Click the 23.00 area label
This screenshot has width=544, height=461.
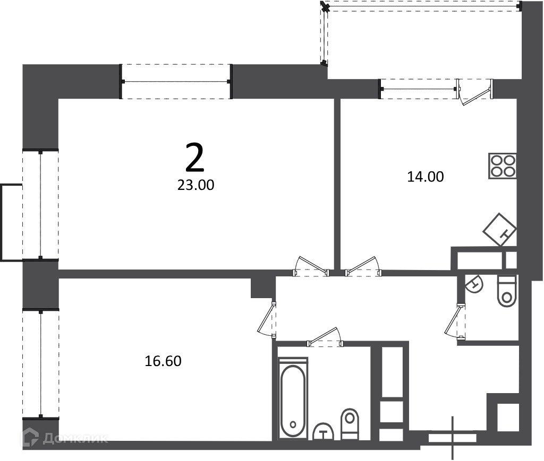click(x=195, y=185)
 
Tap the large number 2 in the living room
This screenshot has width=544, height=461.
click(x=194, y=158)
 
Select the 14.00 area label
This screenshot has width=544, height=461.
click(x=425, y=177)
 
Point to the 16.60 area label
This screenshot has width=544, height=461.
click(x=163, y=362)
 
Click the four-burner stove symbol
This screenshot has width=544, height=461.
click(x=503, y=166)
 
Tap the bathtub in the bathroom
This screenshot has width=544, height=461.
click(x=293, y=399)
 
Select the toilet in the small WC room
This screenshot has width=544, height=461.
click(x=507, y=291)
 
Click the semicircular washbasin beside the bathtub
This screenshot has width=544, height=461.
click(x=323, y=432)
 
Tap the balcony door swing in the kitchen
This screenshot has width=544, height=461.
click(x=475, y=92)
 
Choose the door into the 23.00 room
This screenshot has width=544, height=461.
click(x=311, y=266)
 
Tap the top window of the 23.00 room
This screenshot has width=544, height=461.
click(x=175, y=82)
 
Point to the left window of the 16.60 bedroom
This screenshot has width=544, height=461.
click(x=40, y=364)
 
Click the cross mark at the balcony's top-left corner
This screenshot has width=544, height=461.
click(x=325, y=6)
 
